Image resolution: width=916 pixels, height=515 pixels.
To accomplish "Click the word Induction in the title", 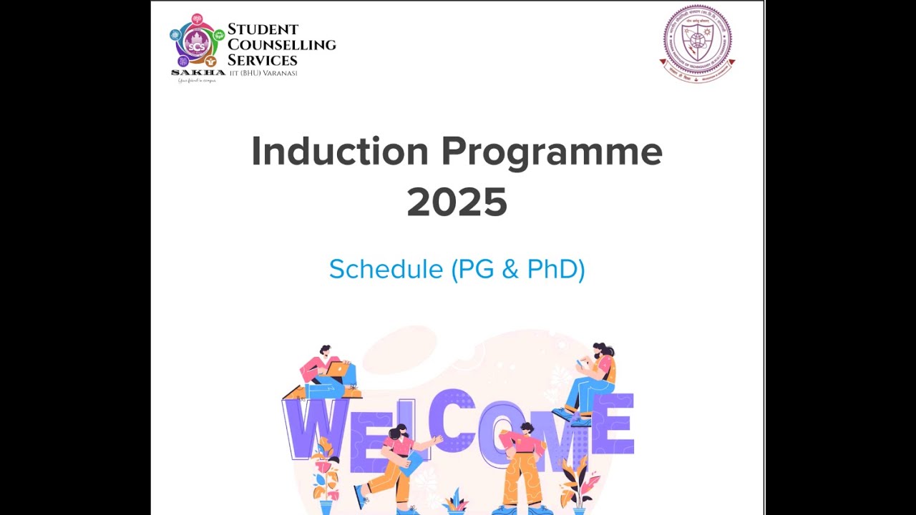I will [x=339, y=152].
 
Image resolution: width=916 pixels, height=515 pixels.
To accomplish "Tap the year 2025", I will [x=457, y=202].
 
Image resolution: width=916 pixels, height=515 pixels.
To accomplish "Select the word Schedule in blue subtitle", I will [x=386, y=269].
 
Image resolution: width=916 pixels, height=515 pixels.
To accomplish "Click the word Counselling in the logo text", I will [x=281, y=44].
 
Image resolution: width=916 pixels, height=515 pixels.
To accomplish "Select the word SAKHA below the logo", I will [x=198, y=72].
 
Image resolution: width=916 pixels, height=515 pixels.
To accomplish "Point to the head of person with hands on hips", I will [x=527, y=428].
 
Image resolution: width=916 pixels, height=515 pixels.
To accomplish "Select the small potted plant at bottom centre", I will [x=454, y=502].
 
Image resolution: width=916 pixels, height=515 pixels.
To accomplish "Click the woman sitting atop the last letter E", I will [x=594, y=379].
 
